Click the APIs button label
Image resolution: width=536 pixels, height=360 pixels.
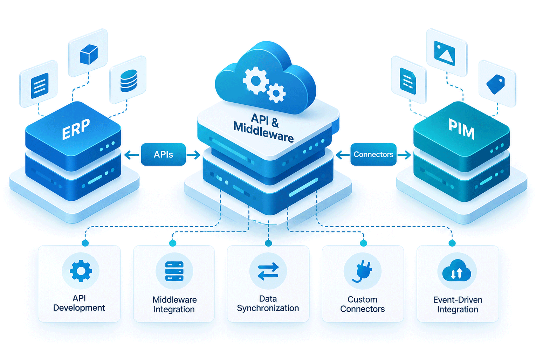click(x=164, y=154)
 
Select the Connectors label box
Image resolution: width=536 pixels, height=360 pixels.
click(x=373, y=154)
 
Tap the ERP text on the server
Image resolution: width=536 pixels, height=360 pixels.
click(x=76, y=129)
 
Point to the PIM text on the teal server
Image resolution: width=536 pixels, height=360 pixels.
click(x=461, y=129)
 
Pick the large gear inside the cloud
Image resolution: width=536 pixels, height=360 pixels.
click(x=255, y=81)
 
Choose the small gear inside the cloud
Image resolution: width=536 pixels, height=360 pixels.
click(x=276, y=93)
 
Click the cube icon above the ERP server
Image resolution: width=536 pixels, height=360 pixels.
click(x=89, y=55)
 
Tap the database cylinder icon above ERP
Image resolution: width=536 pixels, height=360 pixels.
click(x=129, y=81)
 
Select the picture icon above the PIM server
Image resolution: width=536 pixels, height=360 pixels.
click(x=445, y=53)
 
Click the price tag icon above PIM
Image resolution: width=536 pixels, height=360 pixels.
click(x=496, y=84)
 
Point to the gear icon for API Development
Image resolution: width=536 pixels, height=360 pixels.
click(x=81, y=271)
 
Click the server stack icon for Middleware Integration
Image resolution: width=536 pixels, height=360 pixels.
click(x=174, y=271)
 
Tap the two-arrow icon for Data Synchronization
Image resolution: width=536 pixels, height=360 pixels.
click(x=268, y=271)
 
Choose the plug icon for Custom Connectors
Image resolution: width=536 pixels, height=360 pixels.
click(x=362, y=272)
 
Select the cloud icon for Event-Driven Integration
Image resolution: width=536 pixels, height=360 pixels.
click(x=456, y=271)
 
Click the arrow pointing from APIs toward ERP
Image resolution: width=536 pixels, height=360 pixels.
click(x=132, y=155)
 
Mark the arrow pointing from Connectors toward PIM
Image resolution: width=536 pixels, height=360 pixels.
click(x=404, y=155)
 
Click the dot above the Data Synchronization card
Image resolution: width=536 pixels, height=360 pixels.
click(x=268, y=243)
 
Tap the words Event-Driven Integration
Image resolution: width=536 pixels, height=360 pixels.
click(x=458, y=305)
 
